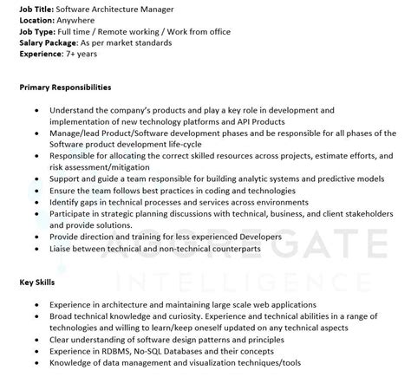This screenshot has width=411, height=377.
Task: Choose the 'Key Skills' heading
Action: [37, 282]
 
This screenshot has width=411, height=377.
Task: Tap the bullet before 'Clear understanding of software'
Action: [33, 340]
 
